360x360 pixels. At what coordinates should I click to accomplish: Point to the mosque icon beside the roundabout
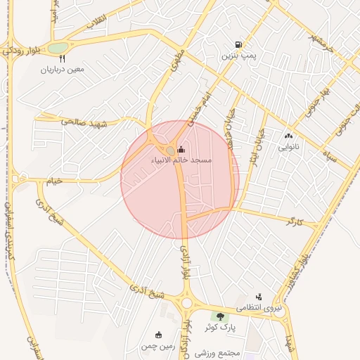[181, 149]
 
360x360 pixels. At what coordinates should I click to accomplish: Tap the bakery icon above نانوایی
[288, 136]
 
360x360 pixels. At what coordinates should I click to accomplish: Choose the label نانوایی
[288, 148]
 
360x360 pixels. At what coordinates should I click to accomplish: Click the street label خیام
[54, 181]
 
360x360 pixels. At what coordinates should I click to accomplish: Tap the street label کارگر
[292, 221]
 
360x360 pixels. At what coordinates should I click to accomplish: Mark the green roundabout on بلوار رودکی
[58, 48]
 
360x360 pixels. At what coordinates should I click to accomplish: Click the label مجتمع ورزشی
[224, 352]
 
